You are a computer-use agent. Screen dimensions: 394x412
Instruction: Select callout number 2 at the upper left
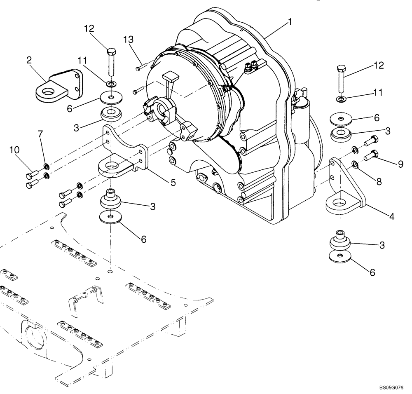click(x=29, y=61)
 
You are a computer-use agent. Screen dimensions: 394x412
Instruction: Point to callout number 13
click(x=129, y=40)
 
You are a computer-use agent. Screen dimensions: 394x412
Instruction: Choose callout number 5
click(x=173, y=182)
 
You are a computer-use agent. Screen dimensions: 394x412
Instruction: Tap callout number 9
click(x=400, y=164)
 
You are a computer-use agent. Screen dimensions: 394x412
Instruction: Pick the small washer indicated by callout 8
click(x=354, y=165)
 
